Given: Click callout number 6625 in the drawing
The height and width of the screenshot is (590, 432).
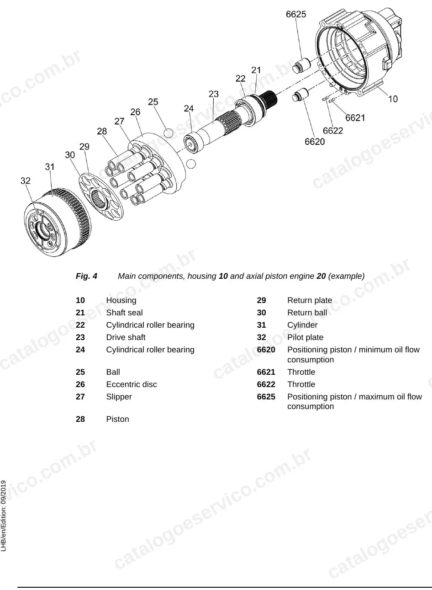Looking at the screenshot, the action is pos(296,14).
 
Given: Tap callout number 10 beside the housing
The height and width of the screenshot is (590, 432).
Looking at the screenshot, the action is pos(393,99).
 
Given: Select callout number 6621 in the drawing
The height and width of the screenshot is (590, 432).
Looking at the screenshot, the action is pos(355,118).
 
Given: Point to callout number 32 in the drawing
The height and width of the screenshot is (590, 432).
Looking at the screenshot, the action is pos(25,181).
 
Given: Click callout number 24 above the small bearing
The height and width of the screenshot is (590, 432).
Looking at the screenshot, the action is pos(189,108).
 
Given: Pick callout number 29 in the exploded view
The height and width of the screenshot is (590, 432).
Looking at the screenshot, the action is pos(84,146).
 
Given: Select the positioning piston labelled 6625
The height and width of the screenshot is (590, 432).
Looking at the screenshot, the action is pos(302,65).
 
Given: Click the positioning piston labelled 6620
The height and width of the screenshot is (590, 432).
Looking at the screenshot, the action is pos(300,95).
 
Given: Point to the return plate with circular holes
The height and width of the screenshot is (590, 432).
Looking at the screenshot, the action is pos(101,197).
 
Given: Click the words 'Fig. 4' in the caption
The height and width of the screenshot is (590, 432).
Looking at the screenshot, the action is pos(86,276).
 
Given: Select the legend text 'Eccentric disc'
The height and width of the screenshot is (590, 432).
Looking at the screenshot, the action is pos(132,384).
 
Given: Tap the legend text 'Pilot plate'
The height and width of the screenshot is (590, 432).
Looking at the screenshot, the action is pos(305,337).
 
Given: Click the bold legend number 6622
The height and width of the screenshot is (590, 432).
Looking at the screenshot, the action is pos(266,384).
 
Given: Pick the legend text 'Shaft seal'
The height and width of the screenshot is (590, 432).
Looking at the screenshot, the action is pos(124,313).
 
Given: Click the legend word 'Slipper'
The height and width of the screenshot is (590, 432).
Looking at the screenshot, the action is pos(119,397).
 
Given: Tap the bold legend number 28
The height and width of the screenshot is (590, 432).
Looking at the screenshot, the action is pos(80,419).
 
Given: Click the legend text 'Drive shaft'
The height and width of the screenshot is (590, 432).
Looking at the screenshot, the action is pos(126,337).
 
